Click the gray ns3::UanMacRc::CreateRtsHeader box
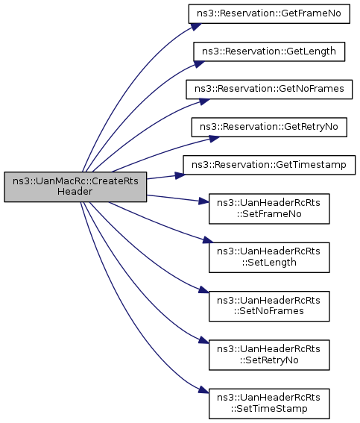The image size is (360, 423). [75, 187]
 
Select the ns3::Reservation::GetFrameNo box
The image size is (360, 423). [269, 13]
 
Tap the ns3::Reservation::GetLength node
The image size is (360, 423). [269, 51]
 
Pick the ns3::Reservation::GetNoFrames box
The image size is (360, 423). [269, 89]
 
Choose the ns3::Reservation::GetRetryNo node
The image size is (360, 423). [269, 127]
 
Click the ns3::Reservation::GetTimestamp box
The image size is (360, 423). [269, 165]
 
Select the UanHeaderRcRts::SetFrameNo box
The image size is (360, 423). [269, 209]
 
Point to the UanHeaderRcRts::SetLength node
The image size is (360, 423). [269, 257]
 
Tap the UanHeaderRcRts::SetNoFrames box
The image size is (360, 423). [269, 306]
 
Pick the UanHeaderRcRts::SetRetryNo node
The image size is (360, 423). [269, 355]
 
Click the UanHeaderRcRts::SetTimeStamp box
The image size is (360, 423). [269, 404]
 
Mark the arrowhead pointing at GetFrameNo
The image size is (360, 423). [196, 27]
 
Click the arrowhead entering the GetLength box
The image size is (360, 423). [199, 64]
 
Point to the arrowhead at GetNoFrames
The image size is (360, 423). [204, 101]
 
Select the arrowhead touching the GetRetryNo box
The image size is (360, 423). [214, 139]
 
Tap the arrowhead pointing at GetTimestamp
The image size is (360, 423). [180, 175]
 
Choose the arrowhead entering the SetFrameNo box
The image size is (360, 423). [203, 201]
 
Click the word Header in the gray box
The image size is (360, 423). [75, 192]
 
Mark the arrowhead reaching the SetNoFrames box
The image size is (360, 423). [203, 290]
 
